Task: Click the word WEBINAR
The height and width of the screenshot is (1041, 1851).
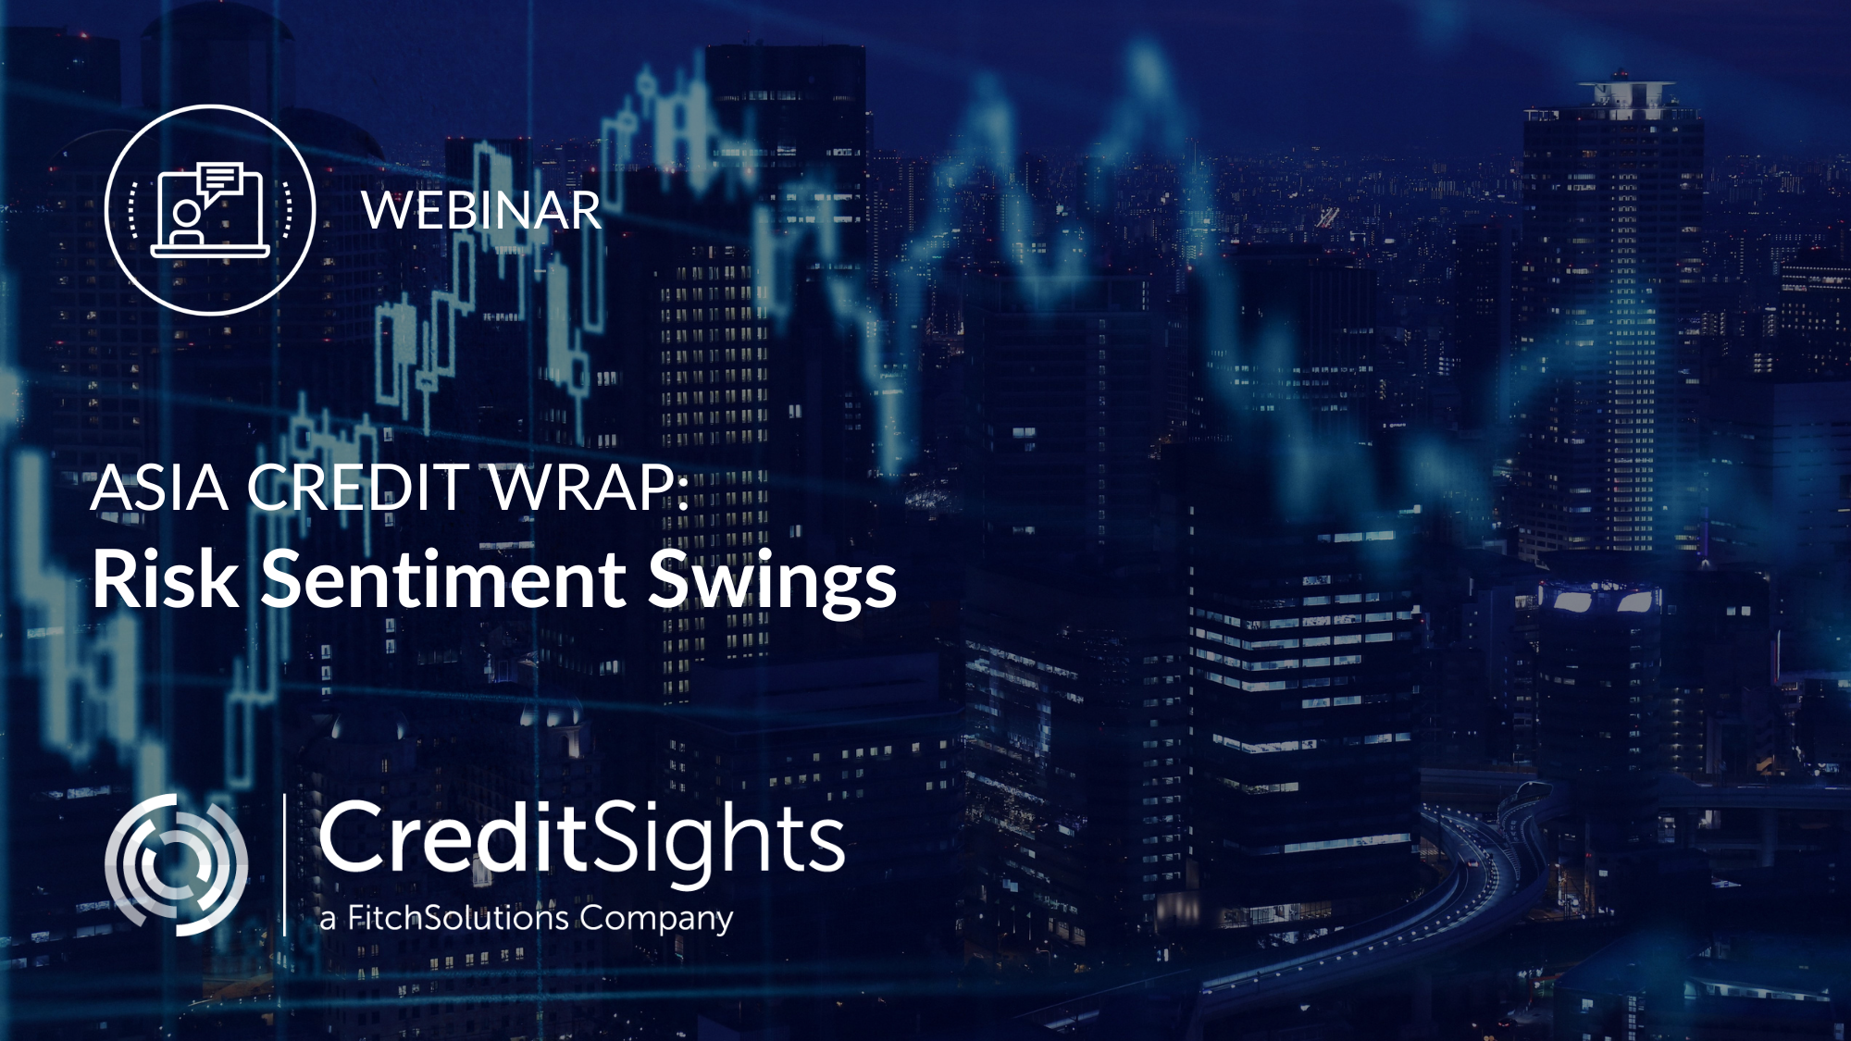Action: pos(481,211)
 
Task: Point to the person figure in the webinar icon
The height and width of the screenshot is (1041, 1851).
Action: pos(186,222)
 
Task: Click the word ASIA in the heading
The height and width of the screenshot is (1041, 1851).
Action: pos(159,488)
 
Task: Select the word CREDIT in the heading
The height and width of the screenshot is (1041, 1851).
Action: pos(358,488)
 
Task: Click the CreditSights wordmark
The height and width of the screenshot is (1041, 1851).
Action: pos(581,839)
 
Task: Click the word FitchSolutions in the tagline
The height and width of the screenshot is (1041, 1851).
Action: pos(458,918)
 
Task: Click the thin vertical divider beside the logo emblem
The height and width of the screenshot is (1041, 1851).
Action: pos(284,864)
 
